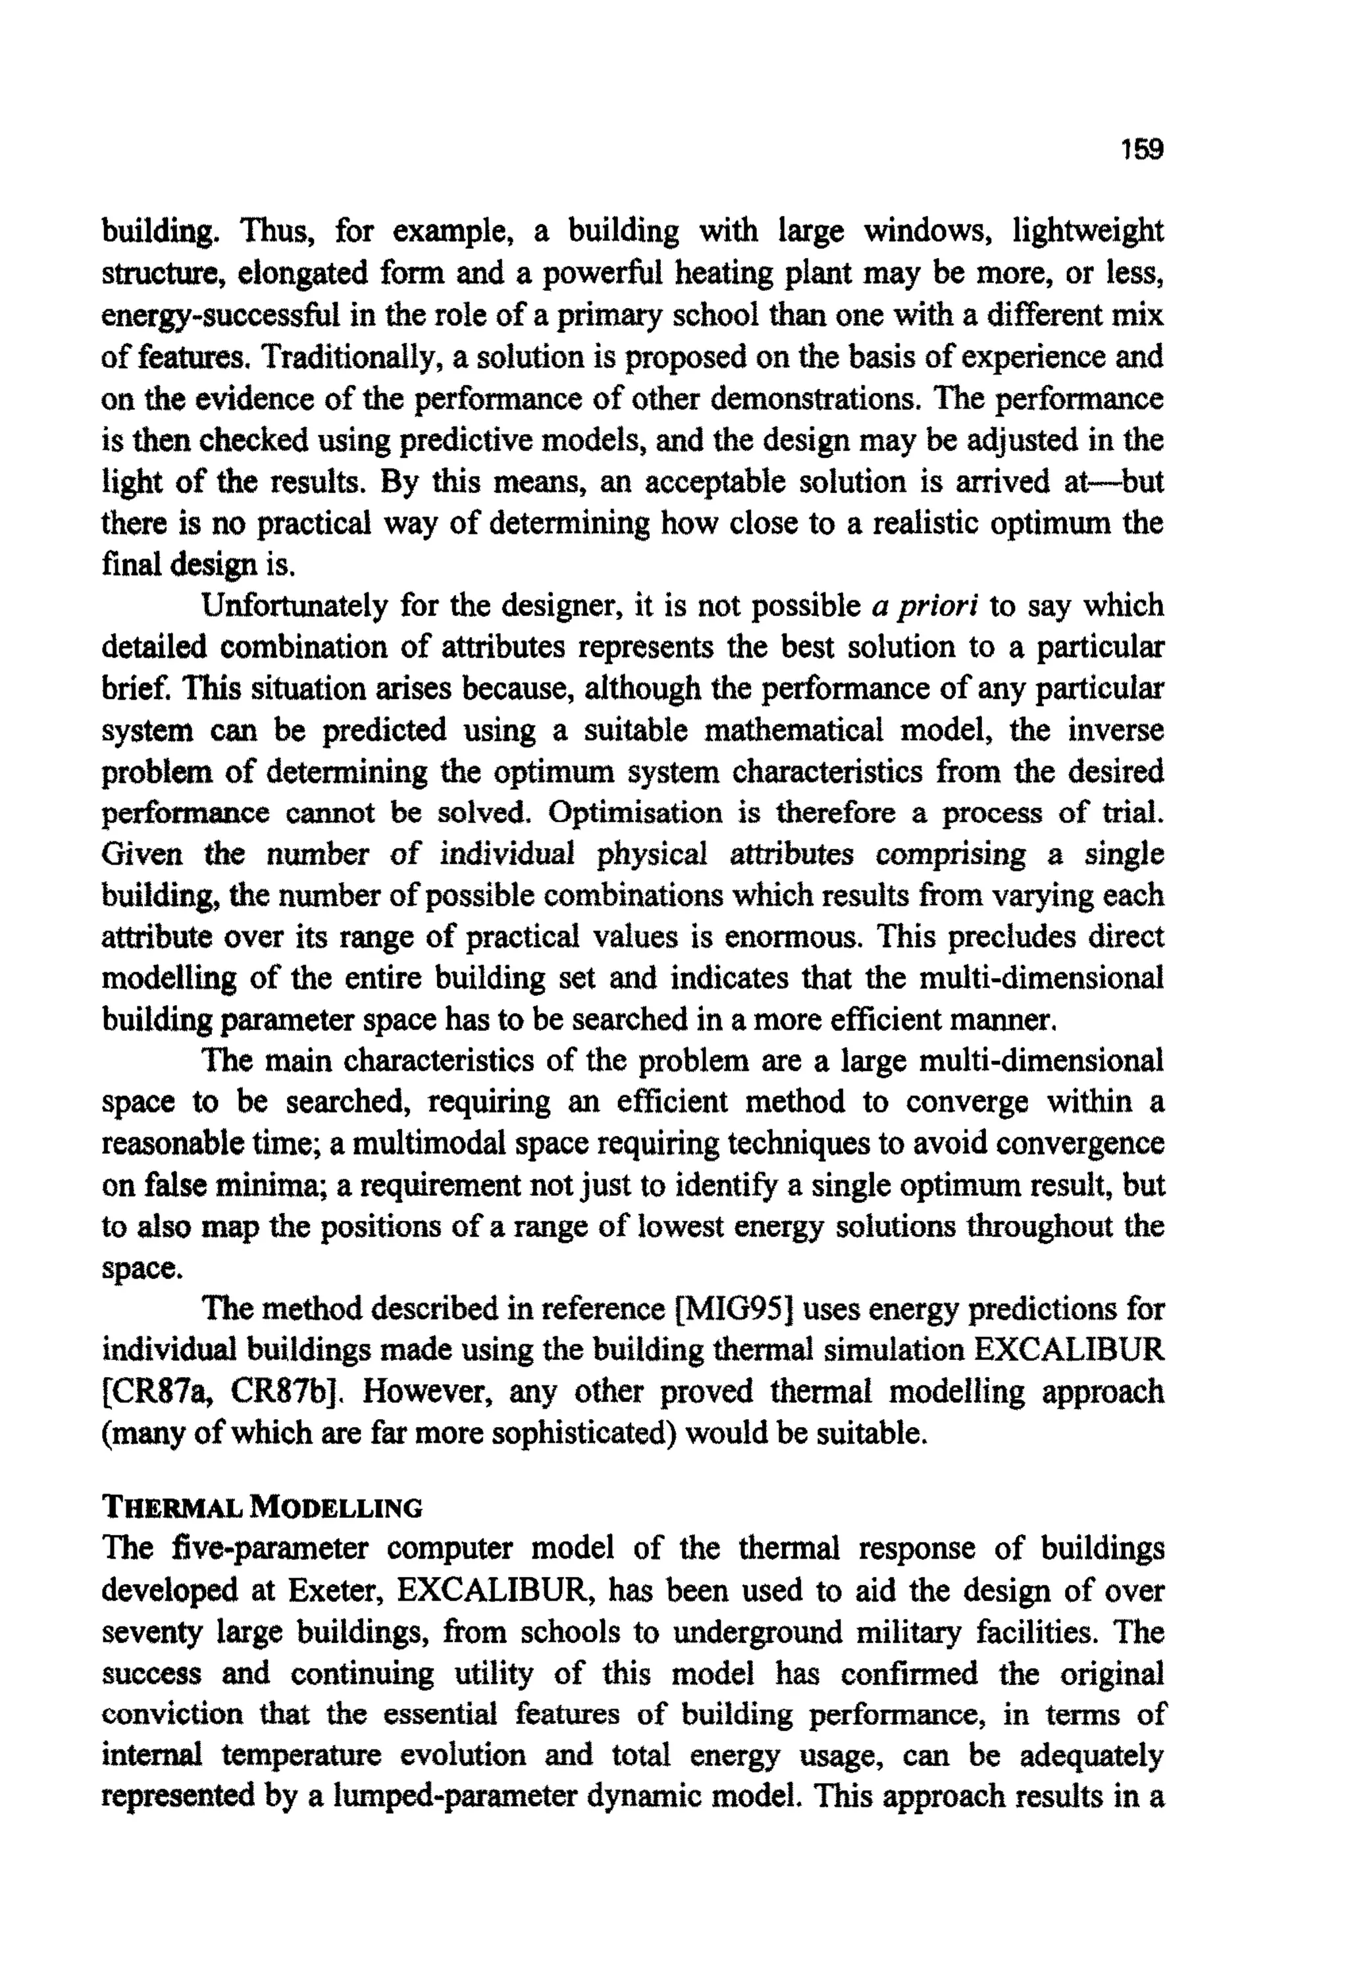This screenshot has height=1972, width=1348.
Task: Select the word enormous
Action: [792, 937]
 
